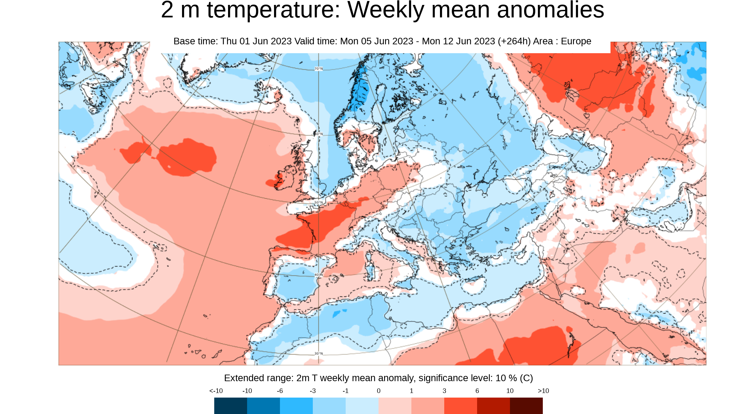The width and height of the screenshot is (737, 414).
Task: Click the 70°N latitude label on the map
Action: click(x=318, y=69)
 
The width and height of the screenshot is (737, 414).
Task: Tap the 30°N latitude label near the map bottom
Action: click(x=318, y=354)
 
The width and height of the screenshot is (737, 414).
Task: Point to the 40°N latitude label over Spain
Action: click(x=318, y=275)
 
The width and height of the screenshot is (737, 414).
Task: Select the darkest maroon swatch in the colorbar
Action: click(x=526, y=405)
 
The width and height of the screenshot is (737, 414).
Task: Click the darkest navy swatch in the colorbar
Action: click(x=230, y=405)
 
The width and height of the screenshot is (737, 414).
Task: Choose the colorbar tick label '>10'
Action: click(x=543, y=391)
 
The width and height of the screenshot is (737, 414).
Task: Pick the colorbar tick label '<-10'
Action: click(x=216, y=391)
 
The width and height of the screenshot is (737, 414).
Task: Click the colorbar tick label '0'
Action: click(x=379, y=391)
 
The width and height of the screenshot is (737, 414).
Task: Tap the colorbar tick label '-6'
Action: click(x=280, y=391)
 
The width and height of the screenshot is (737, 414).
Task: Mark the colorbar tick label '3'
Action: click(x=444, y=391)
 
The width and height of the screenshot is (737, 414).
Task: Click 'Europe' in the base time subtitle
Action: click(x=576, y=41)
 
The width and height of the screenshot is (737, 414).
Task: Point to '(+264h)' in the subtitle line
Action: click(x=514, y=41)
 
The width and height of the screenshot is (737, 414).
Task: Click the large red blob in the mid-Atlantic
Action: click(x=187, y=158)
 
